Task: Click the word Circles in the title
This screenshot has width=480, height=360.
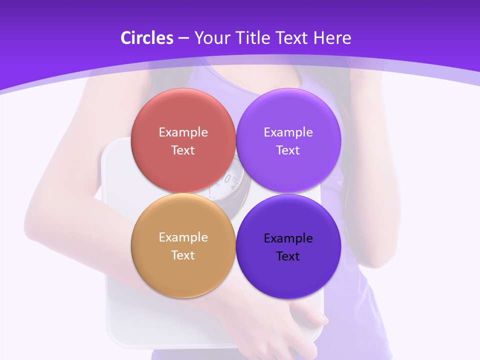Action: (x=146, y=38)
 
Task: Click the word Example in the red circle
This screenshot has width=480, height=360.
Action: (x=183, y=132)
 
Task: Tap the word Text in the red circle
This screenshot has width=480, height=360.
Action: (x=183, y=150)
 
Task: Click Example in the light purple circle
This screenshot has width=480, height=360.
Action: (x=288, y=132)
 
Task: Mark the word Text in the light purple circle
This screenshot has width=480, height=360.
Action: (x=288, y=150)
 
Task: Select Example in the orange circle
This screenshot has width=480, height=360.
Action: (x=183, y=237)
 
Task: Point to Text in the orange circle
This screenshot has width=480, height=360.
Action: (x=183, y=255)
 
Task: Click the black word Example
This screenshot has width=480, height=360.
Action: (x=288, y=238)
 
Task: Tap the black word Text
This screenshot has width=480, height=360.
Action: (x=288, y=256)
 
